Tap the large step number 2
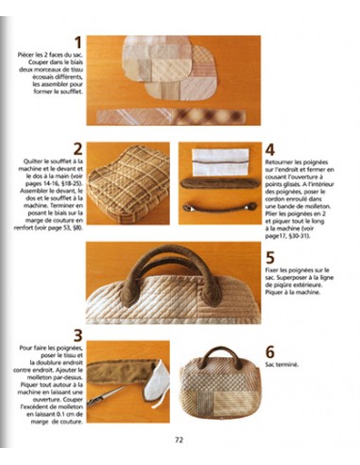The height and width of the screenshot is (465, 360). coord(77,149)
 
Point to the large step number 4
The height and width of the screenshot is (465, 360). coord(270,149)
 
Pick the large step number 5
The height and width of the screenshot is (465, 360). coord(270,257)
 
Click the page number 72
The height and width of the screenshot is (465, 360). coord(180,439)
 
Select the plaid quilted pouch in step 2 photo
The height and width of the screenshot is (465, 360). coord(128,182)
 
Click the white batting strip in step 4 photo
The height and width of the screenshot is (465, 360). coord(217,158)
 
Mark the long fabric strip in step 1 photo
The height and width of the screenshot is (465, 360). coord(170,115)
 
